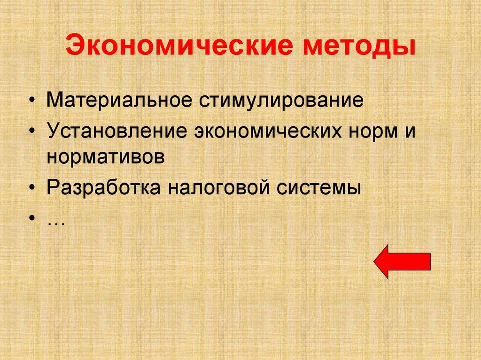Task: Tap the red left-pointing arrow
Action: [x=402, y=261]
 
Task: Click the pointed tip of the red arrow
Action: [x=376, y=261]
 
